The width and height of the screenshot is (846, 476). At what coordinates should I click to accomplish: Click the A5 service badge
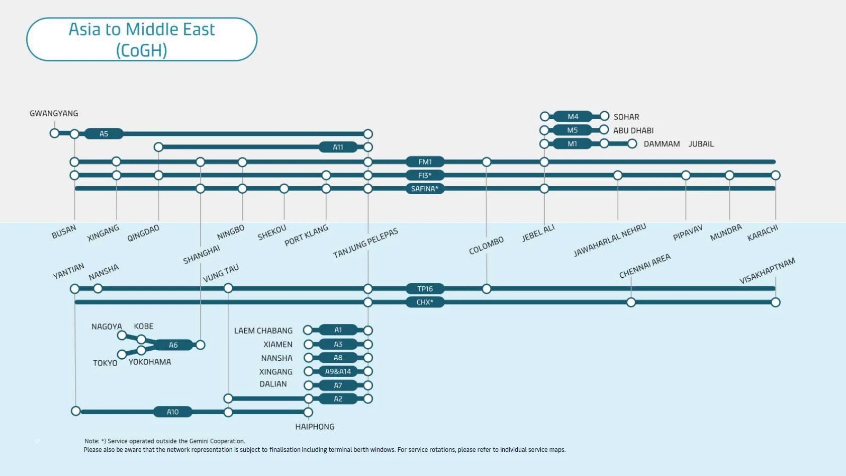coord(104,134)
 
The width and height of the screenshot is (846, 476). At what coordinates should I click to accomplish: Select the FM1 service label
coord(425,162)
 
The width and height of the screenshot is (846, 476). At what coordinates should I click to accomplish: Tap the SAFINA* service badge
coord(425,189)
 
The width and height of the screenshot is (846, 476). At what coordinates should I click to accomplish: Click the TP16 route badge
coord(425,289)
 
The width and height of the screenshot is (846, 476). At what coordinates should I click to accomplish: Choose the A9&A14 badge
coord(338,372)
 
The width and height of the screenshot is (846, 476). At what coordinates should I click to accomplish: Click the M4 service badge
coord(573,117)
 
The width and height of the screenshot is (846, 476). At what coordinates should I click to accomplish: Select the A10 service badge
coord(172,412)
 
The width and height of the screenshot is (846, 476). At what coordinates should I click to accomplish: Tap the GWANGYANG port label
coord(54,114)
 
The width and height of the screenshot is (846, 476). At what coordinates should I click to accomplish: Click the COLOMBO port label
coord(486,246)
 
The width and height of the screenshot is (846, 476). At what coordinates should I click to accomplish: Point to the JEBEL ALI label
coord(538,233)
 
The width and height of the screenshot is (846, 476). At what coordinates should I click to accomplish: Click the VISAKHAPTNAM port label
coord(767,271)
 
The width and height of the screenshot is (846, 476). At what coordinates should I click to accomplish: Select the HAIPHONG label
coord(315,427)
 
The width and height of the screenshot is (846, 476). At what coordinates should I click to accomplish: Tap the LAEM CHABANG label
coord(263,331)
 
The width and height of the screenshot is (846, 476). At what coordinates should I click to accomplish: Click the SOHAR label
coord(626,117)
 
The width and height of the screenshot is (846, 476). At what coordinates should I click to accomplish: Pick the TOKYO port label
coord(105,363)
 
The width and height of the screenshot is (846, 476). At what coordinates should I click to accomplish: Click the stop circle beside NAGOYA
coord(122,335)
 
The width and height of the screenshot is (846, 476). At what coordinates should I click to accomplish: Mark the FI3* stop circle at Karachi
coord(776,176)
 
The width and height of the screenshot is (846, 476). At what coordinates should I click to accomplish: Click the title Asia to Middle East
coord(142,30)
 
